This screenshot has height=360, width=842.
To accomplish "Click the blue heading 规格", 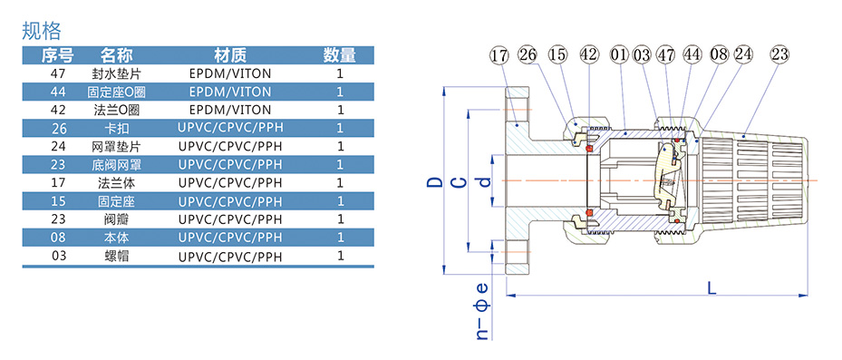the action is (x=42, y=31).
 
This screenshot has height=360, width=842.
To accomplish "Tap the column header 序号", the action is (x=57, y=54).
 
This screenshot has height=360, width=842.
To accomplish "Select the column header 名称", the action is (x=116, y=54).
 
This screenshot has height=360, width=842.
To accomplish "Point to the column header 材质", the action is (x=230, y=54).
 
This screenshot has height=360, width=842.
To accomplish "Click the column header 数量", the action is (x=339, y=54).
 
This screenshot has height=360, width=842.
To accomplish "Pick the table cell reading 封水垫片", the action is (x=116, y=73).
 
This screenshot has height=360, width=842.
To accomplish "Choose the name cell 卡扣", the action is (x=116, y=128).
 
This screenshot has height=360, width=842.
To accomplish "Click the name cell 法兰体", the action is (x=116, y=182).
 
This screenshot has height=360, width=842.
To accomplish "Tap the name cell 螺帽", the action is (x=116, y=256).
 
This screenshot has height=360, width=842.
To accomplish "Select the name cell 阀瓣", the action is (x=116, y=219).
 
